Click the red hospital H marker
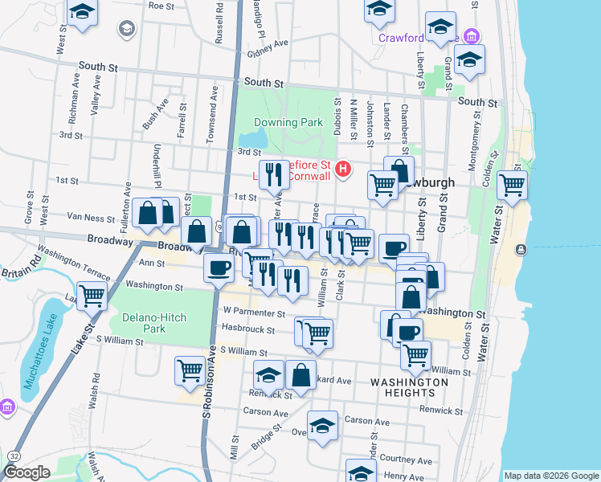pyautogui.click(x=344, y=169)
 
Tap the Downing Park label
pyautogui.click(x=288, y=123)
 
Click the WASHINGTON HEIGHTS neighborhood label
pyautogui.click(x=410, y=387)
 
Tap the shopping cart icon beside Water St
pyautogui.click(x=512, y=186)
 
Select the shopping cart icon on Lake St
pyautogui.click(x=92, y=296)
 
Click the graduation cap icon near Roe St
pyautogui.click(x=82, y=12)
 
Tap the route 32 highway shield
pyautogui.click(x=14, y=455)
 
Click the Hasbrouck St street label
pyautogui.click(x=248, y=329)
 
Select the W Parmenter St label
pyautogui.click(x=254, y=312)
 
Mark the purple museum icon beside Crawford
pyautogui.click(x=472, y=37)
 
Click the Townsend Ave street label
pyautogui.click(x=211, y=116)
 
